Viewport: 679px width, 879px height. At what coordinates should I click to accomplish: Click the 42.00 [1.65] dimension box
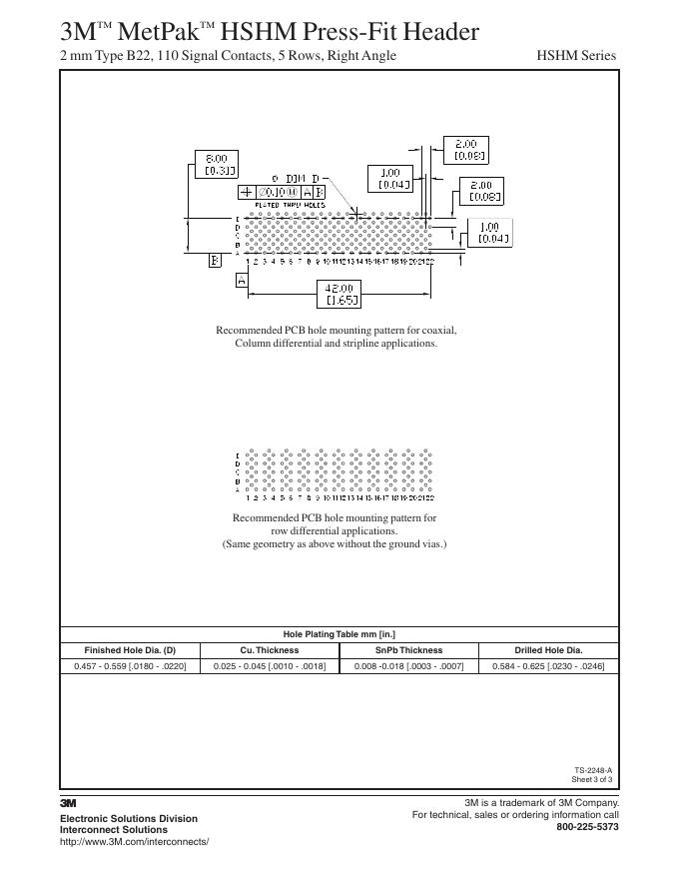(337, 294)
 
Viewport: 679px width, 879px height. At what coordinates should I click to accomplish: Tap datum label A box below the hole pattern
(241, 281)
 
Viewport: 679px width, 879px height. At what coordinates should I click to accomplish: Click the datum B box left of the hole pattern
(215, 260)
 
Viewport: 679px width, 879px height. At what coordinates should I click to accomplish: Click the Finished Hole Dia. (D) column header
(130, 650)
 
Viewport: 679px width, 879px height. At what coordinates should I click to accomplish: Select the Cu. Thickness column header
(270, 650)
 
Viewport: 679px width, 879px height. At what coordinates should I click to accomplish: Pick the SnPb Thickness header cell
(408, 650)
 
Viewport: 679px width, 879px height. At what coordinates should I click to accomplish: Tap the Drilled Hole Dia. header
(548, 650)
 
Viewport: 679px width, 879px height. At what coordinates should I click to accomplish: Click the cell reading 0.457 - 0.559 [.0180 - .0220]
(130, 665)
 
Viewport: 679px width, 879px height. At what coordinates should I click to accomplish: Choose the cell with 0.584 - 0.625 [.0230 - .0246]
(548, 665)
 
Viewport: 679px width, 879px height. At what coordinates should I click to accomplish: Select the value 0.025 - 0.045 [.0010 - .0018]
(270, 665)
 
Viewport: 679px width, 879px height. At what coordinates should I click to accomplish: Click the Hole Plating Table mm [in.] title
(339, 634)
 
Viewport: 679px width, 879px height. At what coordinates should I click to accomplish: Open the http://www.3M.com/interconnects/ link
(135, 842)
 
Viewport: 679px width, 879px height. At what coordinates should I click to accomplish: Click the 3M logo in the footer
(69, 802)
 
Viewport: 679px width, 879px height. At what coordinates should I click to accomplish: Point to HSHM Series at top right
(576, 55)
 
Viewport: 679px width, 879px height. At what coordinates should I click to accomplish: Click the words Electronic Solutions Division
(129, 818)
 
